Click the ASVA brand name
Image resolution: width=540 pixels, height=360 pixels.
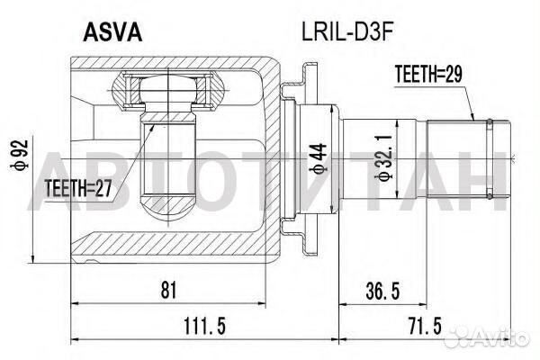point(112,32)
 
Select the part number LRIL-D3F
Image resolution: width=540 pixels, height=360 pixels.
point(347,32)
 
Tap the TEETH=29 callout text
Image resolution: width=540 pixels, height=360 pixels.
point(428,74)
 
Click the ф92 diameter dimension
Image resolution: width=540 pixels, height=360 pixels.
point(20,155)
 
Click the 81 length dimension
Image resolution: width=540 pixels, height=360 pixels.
point(168,290)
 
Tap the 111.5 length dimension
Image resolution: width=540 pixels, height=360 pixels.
point(204,326)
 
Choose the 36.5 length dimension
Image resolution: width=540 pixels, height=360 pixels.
point(382,291)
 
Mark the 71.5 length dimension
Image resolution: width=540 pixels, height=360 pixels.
point(424,326)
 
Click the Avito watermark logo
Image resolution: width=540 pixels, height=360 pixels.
point(486,337)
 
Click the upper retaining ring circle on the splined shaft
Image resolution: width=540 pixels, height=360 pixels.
point(489,121)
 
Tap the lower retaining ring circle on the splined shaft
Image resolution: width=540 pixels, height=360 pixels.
point(489,196)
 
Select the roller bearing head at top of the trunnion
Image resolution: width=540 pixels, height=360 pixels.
point(168,90)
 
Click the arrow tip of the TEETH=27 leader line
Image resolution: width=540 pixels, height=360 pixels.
point(154,125)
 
